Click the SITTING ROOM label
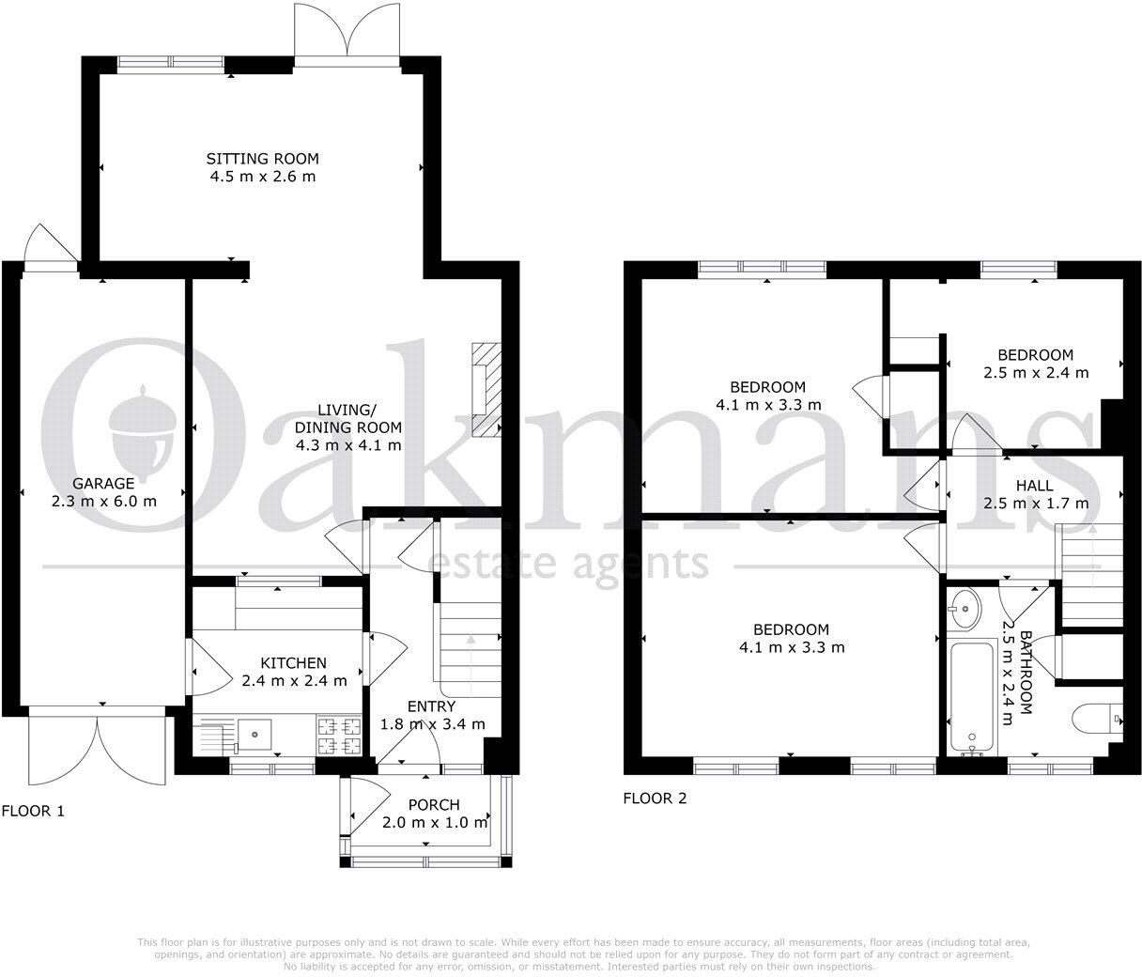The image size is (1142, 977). [x=262, y=158]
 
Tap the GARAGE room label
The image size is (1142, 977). [x=103, y=483]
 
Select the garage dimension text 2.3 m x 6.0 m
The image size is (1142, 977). [x=103, y=501]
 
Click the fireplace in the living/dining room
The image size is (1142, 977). [x=486, y=390]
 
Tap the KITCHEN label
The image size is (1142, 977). [x=293, y=663]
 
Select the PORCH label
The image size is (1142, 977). [x=434, y=805]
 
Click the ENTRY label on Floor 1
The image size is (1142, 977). [x=431, y=706]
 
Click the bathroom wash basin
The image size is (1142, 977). [x=963, y=610]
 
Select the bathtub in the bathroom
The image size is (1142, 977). [x=972, y=697]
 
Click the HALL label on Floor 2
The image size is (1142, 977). [x=1033, y=486]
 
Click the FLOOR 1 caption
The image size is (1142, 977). [x=33, y=810]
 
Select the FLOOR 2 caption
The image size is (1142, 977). [x=655, y=799]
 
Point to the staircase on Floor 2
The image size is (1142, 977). [x=1091, y=573]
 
